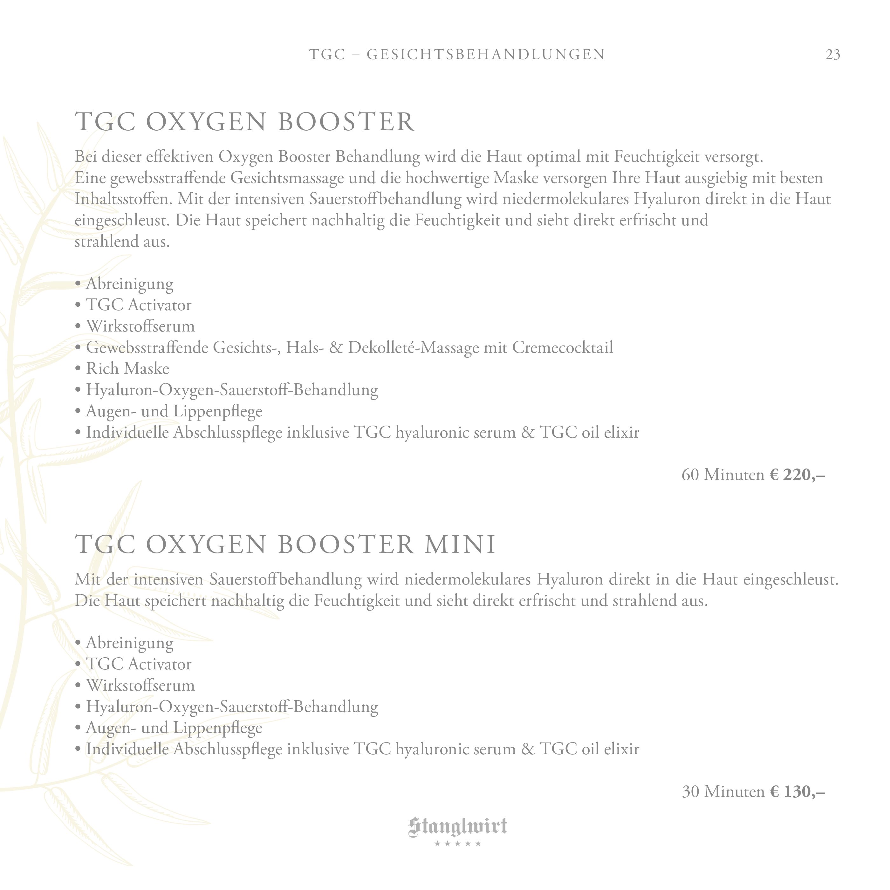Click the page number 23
click(832, 55)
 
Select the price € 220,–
click(797, 475)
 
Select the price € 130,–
click(797, 791)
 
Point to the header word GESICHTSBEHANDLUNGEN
click(486, 54)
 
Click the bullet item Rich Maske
click(127, 368)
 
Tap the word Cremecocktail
click(563, 347)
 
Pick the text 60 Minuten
click(722, 475)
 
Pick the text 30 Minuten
click(722, 791)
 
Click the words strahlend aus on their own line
click(122, 241)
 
